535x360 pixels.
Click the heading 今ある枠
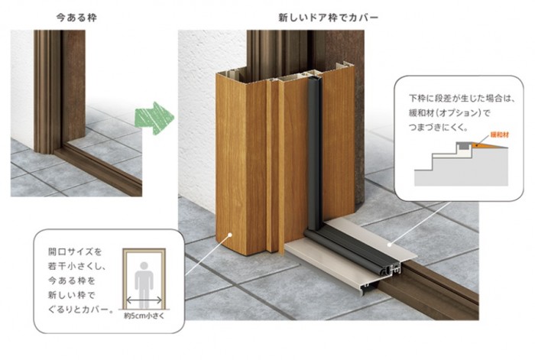click(x=76, y=17)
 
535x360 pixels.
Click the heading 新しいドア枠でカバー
click(x=328, y=17)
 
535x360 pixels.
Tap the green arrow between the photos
click(x=154, y=118)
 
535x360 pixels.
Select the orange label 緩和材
click(x=500, y=135)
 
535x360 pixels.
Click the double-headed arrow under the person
click(x=144, y=300)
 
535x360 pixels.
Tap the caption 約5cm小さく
click(x=144, y=316)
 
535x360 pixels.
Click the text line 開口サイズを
click(x=75, y=251)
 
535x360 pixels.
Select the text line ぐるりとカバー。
click(x=80, y=310)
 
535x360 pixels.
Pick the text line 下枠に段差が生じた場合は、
click(x=462, y=99)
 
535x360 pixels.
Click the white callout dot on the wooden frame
click(x=230, y=235)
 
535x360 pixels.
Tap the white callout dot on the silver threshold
click(x=391, y=245)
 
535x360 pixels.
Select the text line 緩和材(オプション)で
click(x=449, y=113)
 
